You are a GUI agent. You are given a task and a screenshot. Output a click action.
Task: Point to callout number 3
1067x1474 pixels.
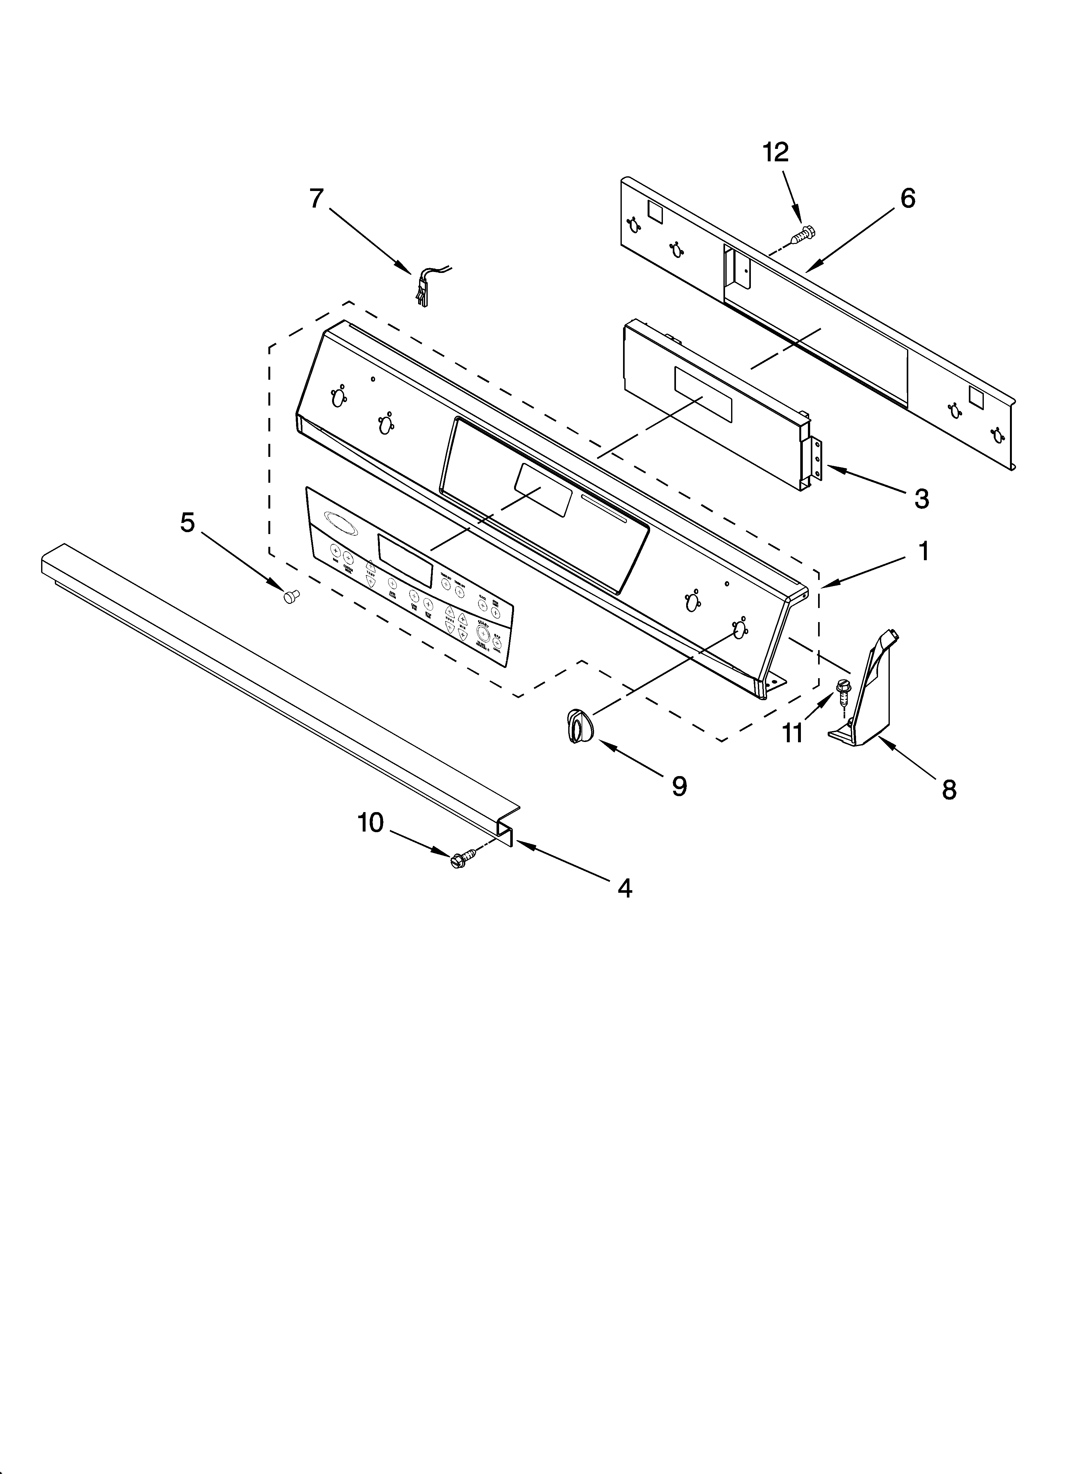tap(921, 498)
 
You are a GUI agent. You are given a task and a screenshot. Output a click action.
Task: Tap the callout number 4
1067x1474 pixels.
tap(624, 888)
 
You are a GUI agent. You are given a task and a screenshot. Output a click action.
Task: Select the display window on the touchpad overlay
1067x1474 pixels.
tap(405, 560)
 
